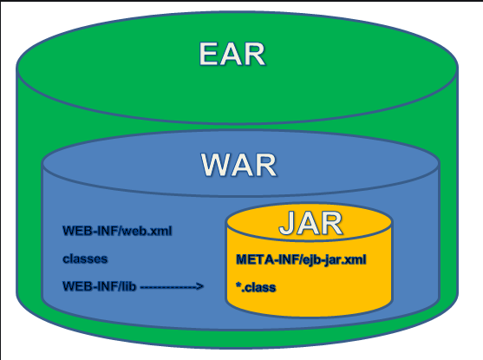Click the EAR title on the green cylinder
[x=232, y=54]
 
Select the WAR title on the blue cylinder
[x=238, y=165]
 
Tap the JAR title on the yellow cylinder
[x=310, y=223]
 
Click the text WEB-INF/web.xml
[x=117, y=231]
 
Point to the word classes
[x=85, y=259]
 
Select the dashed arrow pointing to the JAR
[x=172, y=286]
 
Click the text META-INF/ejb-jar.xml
[x=301, y=260]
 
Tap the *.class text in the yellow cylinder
[x=256, y=287]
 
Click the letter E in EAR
[x=210, y=54]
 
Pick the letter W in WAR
[x=216, y=165]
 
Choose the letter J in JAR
[x=286, y=223]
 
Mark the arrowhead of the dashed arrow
[x=199, y=286]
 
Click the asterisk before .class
[x=238, y=285]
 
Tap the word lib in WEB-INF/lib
[x=128, y=286]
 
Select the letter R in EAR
[x=254, y=54]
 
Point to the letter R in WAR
[x=266, y=165]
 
